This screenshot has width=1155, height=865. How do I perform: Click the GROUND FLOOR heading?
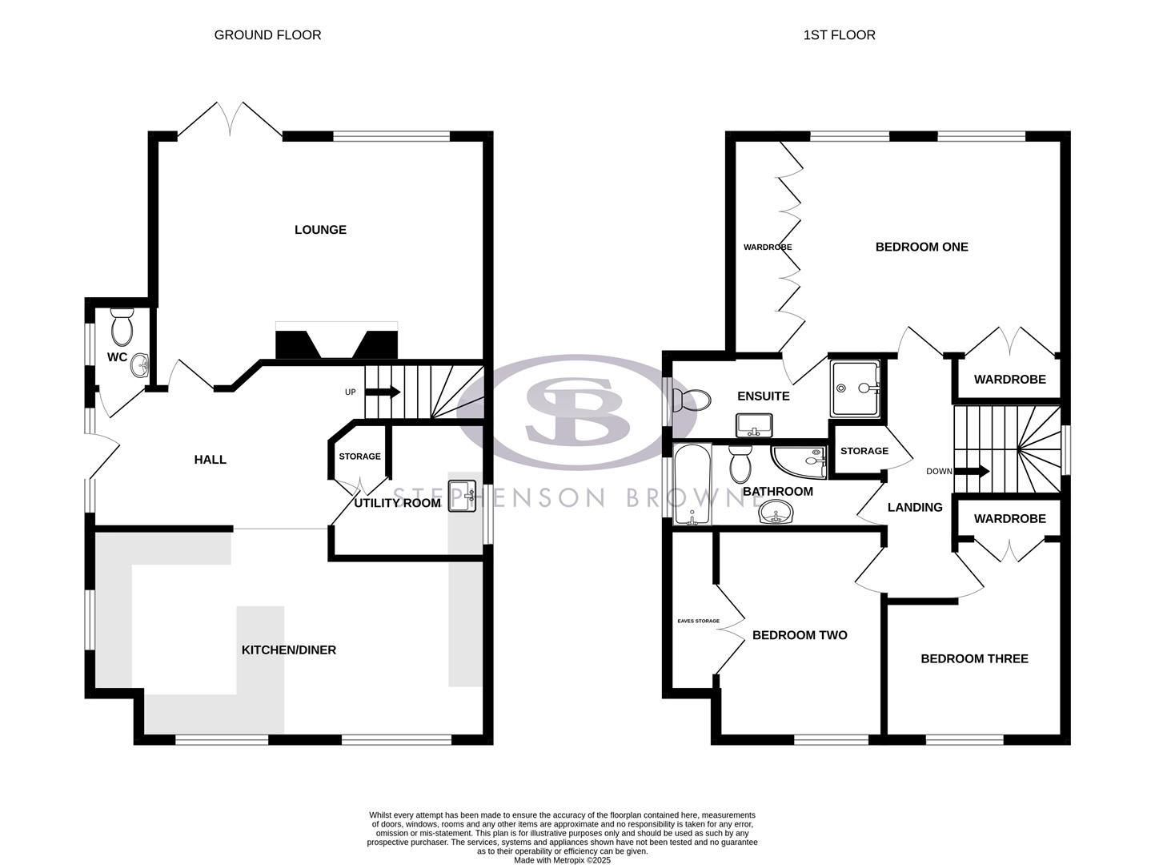[x=267, y=35]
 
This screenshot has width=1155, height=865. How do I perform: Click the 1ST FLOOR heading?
[x=839, y=35]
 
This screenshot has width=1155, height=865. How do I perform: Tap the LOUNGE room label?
[x=320, y=230]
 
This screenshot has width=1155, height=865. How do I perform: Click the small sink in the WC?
[x=141, y=366]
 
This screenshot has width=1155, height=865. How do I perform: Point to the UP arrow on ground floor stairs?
[x=383, y=392]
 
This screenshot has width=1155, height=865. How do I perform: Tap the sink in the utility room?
[x=463, y=496]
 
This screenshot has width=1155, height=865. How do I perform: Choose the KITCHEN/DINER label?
[x=289, y=650]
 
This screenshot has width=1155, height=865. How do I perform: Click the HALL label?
[x=211, y=460]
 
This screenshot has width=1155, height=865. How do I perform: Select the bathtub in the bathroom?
[x=688, y=485]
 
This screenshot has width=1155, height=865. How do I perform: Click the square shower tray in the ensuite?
[x=855, y=388]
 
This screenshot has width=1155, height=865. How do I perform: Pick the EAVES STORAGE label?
[x=698, y=621]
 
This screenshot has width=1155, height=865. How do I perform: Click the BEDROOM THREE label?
[x=974, y=658]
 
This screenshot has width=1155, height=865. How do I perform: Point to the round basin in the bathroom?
[x=774, y=513]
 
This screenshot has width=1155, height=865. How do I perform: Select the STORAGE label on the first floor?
[x=864, y=451]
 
